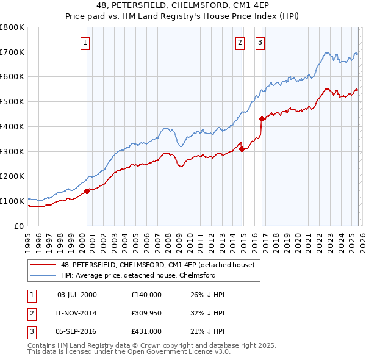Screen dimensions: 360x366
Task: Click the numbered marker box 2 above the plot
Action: (x=240, y=42)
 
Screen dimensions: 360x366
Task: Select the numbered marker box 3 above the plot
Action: (x=260, y=42)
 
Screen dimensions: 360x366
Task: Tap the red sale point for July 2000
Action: (x=87, y=191)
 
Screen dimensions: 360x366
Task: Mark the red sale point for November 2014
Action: (x=242, y=148)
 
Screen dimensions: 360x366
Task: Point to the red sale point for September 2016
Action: (x=262, y=118)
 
